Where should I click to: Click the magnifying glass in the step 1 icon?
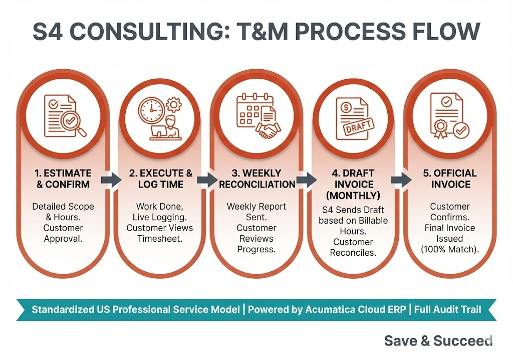tap(74, 123)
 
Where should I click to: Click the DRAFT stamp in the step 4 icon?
tap(357, 125)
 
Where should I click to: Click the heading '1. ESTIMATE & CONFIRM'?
tap(63, 179)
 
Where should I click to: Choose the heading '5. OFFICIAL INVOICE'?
tap(450, 179)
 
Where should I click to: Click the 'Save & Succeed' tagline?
tap(438, 341)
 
